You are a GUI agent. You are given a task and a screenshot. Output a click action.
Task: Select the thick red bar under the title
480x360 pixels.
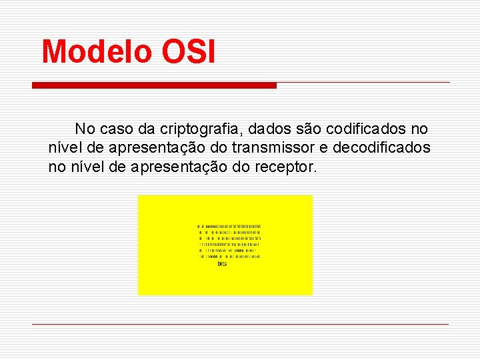[x=154, y=85]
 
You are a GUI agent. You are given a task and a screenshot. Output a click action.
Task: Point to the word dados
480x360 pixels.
[x=252, y=129]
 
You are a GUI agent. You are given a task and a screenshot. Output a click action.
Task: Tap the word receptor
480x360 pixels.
[x=285, y=166]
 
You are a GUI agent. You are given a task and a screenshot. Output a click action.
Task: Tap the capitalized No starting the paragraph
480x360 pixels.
[x=84, y=129]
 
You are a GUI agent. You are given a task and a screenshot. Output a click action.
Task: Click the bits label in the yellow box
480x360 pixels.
[x=222, y=264]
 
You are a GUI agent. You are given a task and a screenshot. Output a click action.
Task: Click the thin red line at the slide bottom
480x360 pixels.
[x=240, y=324]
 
